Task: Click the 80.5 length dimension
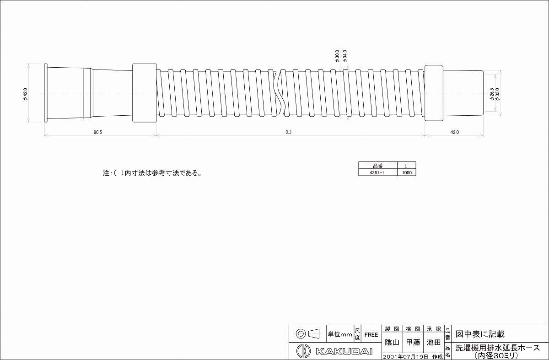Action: pos(97,132)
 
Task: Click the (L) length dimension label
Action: pos(288,132)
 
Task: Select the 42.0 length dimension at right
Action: pos(454,132)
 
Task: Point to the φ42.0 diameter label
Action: pos(26,94)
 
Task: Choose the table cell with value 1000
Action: pos(407,173)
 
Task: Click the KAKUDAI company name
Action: pos(344,352)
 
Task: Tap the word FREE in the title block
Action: pos(371,334)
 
